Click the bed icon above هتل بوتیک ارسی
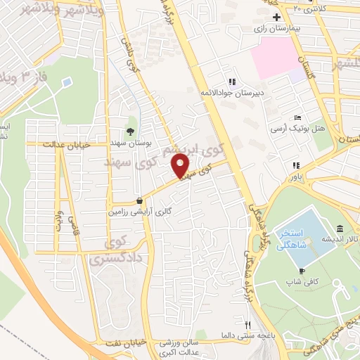point(298,117)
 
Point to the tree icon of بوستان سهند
point(129,131)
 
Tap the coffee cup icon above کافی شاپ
point(302,271)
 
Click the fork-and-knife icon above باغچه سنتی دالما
point(247,324)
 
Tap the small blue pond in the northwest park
point(66,83)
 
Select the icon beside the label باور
point(295,166)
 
